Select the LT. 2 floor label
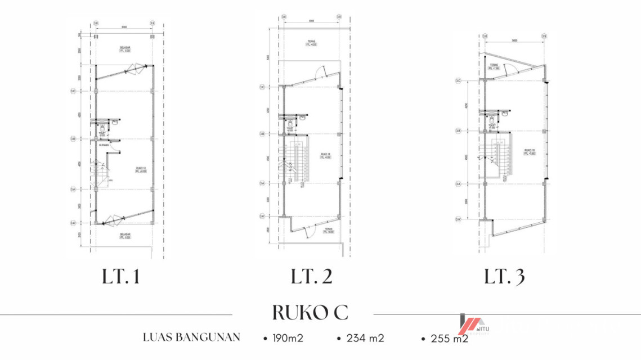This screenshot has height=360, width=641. coord(311,277)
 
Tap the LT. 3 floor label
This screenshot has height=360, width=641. coord(504,277)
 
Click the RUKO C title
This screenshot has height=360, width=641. coord(310,312)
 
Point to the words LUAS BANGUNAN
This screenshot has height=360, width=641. coord(191,337)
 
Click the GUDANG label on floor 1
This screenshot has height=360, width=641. coord(104,145)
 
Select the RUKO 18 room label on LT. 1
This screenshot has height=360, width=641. coord(141,169)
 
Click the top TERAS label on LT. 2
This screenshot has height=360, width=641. coord(311,43)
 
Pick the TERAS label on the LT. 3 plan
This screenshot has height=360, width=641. coord(494,66)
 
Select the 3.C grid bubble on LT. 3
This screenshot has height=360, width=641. coord(459,81)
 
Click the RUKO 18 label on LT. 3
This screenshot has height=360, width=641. coord(528,151)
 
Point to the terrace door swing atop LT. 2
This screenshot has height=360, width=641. coord(319,71)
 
